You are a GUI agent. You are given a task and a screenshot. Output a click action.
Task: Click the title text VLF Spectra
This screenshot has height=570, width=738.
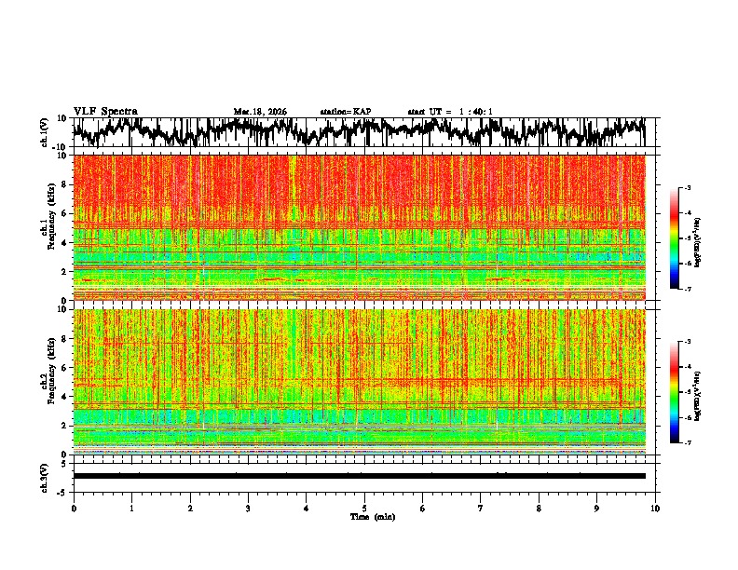[x=105, y=111]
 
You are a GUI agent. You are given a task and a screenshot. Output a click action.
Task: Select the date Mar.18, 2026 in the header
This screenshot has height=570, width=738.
[x=260, y=112]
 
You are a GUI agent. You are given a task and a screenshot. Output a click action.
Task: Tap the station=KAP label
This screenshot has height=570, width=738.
[x=346, y=112]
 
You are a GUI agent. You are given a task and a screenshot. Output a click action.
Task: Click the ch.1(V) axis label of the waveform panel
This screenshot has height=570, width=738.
[x=45, y=132]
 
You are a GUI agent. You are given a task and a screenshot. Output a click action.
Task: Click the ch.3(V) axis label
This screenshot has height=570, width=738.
[x=45, y=475]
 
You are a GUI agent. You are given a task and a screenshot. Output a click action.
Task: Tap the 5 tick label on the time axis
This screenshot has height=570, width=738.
[x=364, y=508]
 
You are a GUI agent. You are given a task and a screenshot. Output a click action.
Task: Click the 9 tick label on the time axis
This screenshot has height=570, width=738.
[x=597, y=508]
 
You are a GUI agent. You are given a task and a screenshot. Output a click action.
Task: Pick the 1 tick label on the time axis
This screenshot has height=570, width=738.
[x=132, y=508]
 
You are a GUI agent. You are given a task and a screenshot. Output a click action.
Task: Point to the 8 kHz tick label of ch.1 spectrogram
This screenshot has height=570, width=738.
[x=63, y=184]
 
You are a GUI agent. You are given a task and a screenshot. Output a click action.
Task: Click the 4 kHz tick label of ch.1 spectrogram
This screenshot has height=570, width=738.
[x=63, y=242]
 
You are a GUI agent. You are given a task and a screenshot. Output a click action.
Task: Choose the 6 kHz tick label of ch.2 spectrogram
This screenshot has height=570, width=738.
[x=63, y=367]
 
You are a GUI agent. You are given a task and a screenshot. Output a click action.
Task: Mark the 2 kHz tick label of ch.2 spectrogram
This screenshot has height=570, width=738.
[x=63, y=425]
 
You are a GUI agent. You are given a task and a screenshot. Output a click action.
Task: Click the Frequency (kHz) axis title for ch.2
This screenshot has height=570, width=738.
[x=47, y=381]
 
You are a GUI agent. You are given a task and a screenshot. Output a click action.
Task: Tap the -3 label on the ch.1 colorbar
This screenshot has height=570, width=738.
[x=687, y=189]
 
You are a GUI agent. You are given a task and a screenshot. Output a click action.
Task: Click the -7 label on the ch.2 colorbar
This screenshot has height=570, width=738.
[x=687, y=443]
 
